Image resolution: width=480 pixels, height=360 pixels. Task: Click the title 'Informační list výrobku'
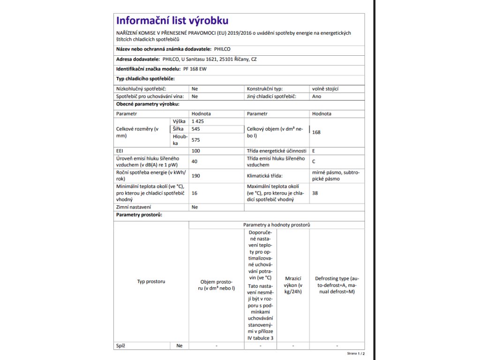(172, 21)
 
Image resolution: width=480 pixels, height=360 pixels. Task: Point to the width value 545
(196, 129)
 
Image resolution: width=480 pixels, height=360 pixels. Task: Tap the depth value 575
(196, 140)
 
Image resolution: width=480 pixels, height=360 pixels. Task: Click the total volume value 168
(316, 133)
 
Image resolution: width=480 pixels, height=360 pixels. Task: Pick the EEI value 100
(196, 151)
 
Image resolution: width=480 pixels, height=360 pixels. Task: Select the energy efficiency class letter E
(314, 151)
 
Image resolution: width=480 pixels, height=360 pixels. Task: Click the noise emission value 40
(195, 162)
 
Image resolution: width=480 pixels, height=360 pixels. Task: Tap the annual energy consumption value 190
(196, 176)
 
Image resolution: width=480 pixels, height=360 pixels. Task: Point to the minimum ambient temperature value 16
(195, 193)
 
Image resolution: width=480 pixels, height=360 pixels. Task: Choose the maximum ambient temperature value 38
(315, 193)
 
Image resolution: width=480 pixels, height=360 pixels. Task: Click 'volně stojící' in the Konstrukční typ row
(325, 89)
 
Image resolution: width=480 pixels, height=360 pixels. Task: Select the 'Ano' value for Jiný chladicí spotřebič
(316, 96)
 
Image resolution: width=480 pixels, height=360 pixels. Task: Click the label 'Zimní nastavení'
(134, 207)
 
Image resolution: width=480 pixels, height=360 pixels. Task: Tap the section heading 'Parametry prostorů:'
(139, 215)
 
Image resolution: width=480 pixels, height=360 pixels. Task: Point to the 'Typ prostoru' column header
(151, 282)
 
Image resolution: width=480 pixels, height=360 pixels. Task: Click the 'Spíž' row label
(120, 346)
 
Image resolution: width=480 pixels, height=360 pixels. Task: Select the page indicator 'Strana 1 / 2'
(356, 354)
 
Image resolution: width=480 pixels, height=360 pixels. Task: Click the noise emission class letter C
(314, 162)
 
